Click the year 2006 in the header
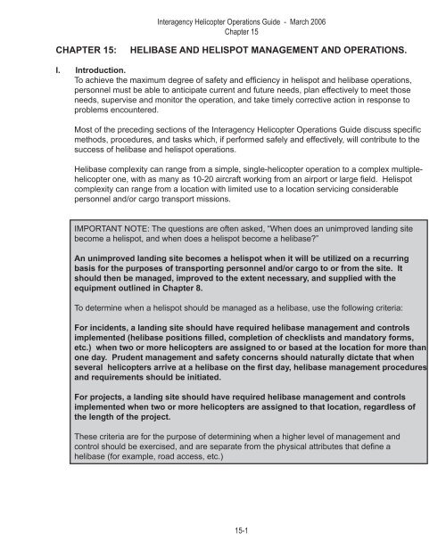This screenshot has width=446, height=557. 312,9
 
